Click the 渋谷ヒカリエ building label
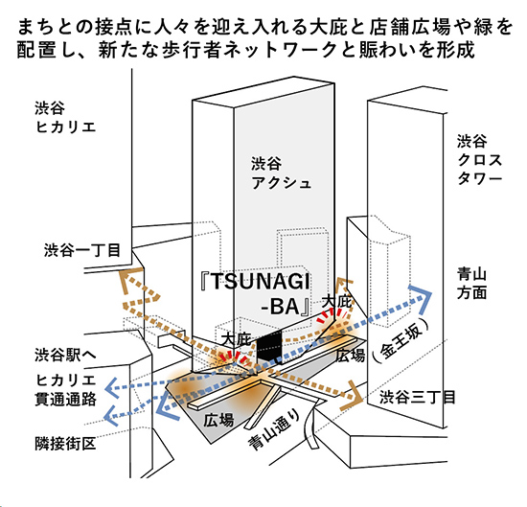[x=65, y=118]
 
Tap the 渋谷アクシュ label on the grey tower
[x=281, y=173]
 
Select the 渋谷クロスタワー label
[x=479, y=160]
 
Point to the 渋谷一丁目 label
[x=82, y=250]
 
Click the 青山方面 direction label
[x=471, y=284]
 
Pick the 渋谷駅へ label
[x=65, y=355]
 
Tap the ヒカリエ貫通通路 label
[x=65, y=390]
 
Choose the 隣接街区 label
[x=65, y=444]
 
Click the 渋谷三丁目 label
[x=417, y=398]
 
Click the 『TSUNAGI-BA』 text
[x=256, y=293]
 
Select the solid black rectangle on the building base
[x=269, y=347]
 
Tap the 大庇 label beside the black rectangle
[x=237, y=339]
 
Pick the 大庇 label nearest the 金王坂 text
[x=336, y=302]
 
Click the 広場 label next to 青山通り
[x=218, y=420]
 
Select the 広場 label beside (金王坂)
[x=351, y=355]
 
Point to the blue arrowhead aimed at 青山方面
[x=423, y=296]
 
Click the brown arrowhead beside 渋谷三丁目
[x=353, y=396]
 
